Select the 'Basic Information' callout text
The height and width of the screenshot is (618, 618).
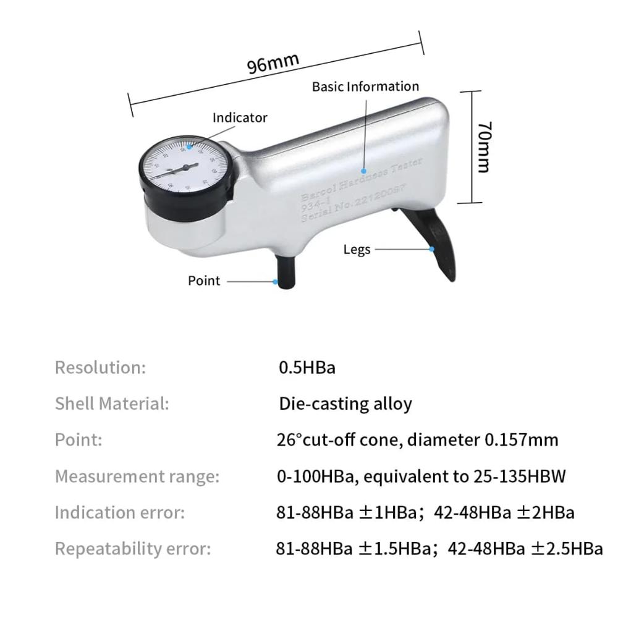pos(365,87)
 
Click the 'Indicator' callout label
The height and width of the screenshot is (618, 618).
pos(240,117)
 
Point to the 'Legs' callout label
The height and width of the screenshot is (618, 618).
pos(357,249)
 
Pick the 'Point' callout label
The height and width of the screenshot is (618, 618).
pos(204,281)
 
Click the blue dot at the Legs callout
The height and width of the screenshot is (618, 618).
pos(433,249)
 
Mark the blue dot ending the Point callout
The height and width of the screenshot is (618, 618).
pos(276,281)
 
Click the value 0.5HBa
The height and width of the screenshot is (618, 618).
pos(307,368)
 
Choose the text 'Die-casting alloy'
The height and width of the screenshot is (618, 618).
pos(345,404)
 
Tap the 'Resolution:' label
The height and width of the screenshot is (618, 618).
pos(100,368)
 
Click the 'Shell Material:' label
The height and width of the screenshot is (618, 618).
pos(112,404)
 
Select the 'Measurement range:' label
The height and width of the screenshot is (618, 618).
pos(137,477)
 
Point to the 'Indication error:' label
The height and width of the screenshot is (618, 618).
pos(120,513)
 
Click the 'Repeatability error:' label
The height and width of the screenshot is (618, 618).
pos(133,549)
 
